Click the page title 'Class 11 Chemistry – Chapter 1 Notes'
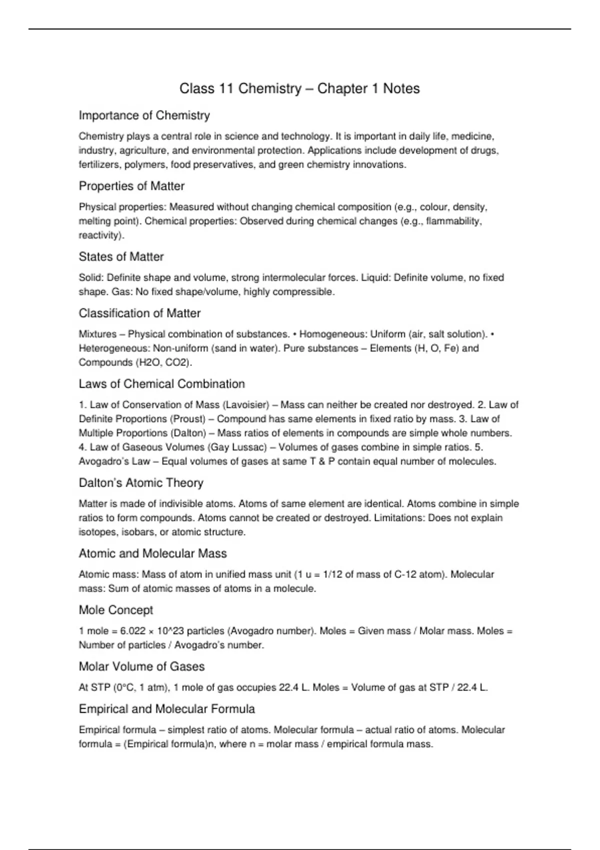(x=299, y=88)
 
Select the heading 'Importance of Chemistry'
(x=144, y=115)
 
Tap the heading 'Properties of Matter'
(x=131, y=186)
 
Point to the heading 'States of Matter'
(x=121, y=256)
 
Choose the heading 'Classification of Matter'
(x=139, y=313)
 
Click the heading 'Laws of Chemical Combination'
(x=161, y=384)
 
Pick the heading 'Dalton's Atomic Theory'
(x=141, y=483)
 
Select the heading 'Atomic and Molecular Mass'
(x=152, y=553)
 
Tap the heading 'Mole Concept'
(x=115, y=610)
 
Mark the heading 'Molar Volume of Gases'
(x=141, y=666)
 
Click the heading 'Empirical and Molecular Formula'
(x=166, y=709)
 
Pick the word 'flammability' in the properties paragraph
(x=453, y=221)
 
